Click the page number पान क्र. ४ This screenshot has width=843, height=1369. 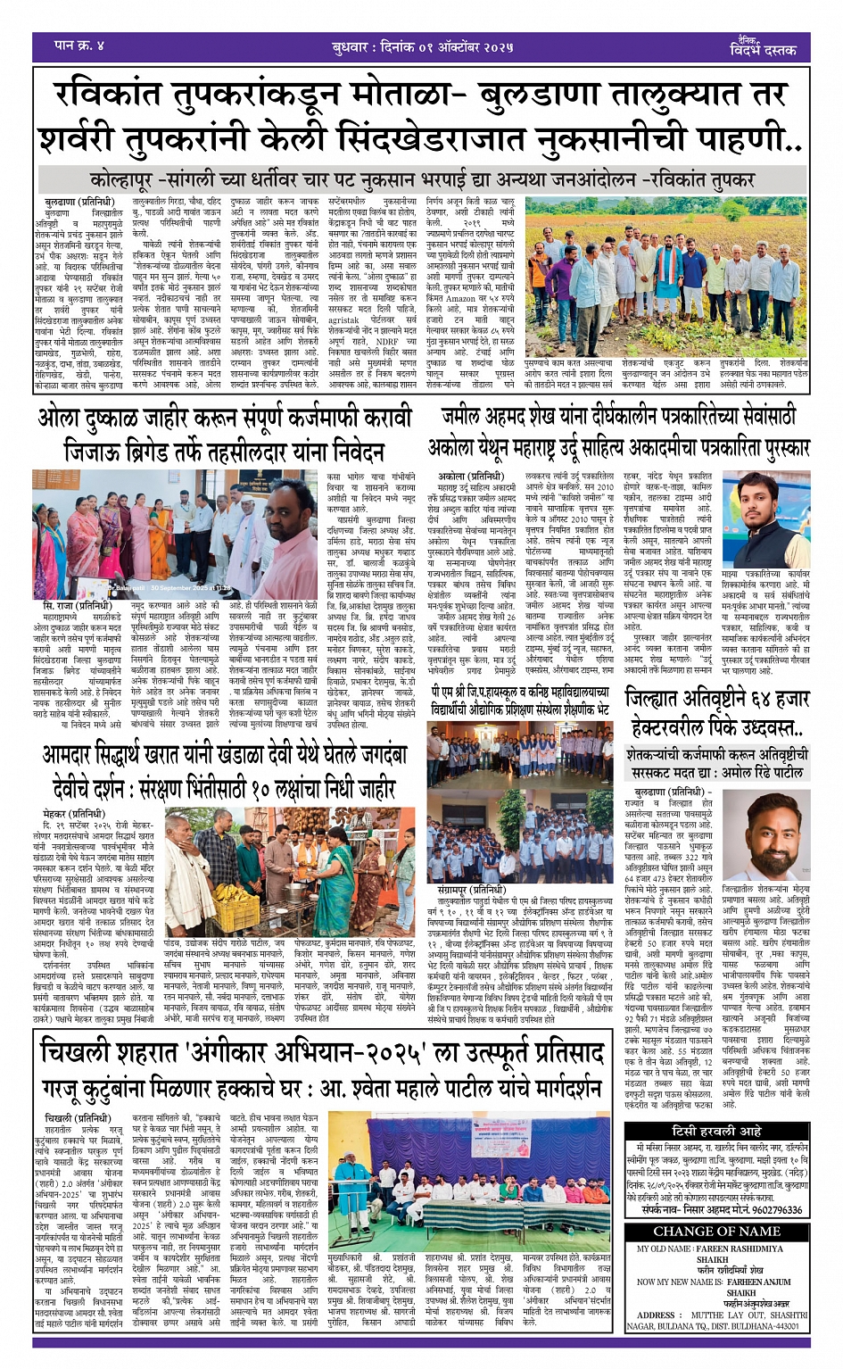[x=79, y=45]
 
